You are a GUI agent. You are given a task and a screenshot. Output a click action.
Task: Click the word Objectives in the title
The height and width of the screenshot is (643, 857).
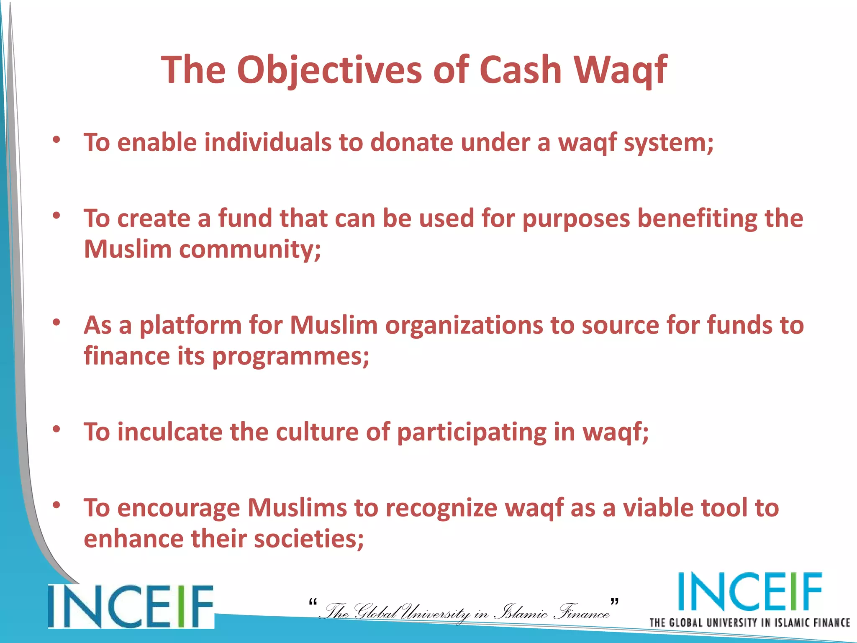point(329,70)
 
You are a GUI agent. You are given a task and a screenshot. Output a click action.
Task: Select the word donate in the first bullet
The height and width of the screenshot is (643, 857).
point(411,142)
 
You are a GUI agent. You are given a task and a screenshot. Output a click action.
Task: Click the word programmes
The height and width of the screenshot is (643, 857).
point(290,357)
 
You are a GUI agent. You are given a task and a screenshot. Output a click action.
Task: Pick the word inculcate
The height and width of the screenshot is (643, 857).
point(169,432)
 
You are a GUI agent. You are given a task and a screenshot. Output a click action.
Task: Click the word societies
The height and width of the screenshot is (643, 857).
point(308,539)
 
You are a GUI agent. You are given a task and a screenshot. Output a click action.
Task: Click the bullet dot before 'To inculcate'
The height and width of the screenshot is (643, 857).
point(56,429)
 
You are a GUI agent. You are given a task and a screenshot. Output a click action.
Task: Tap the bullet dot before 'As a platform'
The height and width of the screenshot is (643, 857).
point(56,322)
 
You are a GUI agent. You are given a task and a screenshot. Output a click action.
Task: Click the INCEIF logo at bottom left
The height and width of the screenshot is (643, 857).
point(131,606)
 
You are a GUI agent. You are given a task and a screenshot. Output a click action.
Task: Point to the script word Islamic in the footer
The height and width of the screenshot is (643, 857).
point(521,612)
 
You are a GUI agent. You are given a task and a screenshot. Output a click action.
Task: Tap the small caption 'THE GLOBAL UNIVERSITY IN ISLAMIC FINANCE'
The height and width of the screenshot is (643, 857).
point(749,622)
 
